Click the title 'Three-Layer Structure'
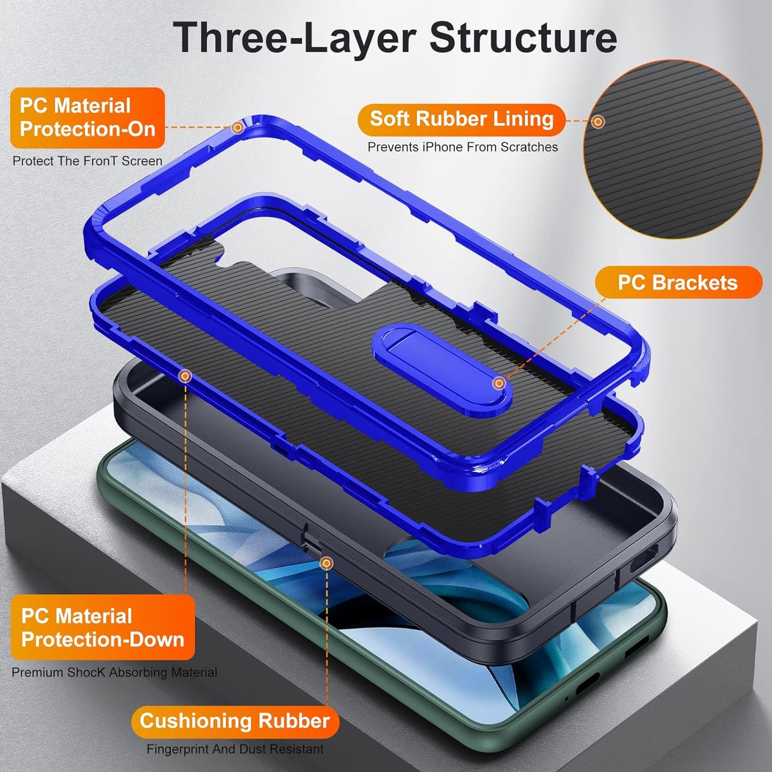[395, 37]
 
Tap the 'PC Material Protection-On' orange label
[87, 118]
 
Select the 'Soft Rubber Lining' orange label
[462, 119]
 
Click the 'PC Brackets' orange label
[677, 283]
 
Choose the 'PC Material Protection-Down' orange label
[103, 628]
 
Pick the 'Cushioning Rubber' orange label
[235, 721]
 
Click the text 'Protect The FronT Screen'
[87, 161]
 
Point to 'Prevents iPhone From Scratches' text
[463, 147]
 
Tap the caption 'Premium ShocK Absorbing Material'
[114, 673]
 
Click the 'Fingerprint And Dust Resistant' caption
[235, 750]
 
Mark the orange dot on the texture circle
[598, 122]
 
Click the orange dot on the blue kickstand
[498, 383]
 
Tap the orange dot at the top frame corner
[237, 128]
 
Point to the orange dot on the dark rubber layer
[326, 563]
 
